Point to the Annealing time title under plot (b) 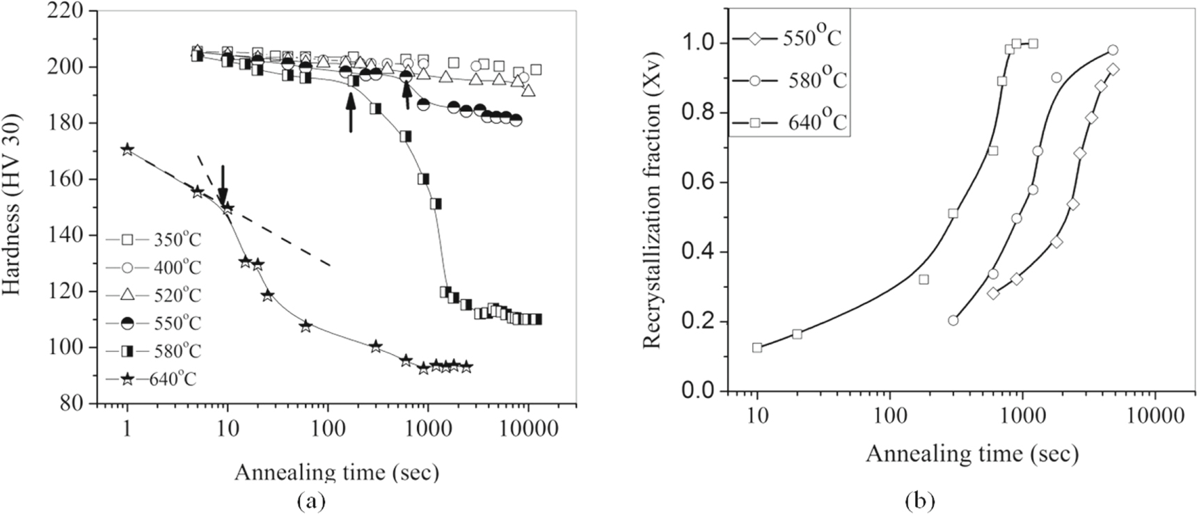972,454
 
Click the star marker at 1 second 127,150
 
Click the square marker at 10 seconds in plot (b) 757,347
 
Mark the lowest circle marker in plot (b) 953,320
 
